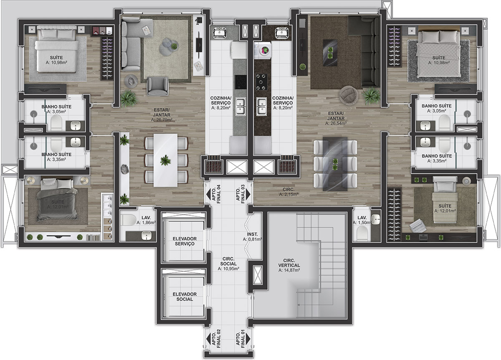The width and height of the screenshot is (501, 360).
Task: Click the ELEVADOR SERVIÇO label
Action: tap(185, 241)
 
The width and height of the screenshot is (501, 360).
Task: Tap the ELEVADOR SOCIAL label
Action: tap(185, 297)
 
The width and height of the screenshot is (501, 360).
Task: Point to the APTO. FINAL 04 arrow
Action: tap(208, 194)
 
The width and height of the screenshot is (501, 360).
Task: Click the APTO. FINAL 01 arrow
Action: tap(248, 339)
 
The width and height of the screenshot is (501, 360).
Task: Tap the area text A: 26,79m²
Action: tap(162, 120)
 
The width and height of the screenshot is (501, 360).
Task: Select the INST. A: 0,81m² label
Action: tap(252, 237)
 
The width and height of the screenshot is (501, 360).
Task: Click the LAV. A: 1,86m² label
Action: tap(146, 220)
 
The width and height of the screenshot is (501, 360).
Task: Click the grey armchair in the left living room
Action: tap(157, 86)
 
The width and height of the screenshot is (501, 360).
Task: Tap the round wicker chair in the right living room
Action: tap(349, 95)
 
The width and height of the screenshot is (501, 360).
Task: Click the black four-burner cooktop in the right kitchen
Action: tap(261, 82)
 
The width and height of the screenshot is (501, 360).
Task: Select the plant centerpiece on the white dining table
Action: tap(165, 160)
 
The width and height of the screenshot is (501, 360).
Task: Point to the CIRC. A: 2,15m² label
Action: tap(288, 192)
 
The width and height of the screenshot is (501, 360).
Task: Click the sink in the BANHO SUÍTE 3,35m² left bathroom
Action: tap(76, 142)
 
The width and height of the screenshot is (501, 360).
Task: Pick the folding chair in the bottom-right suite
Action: tap(417, 226)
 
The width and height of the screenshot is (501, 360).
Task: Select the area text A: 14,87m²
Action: tap(289, 270)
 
